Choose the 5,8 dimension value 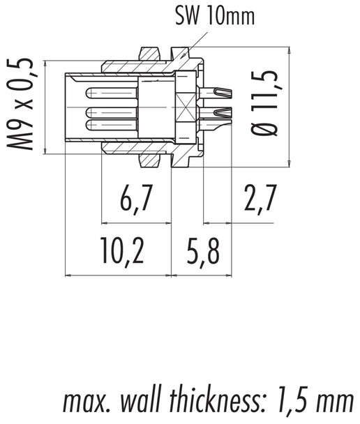pos(202,252)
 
